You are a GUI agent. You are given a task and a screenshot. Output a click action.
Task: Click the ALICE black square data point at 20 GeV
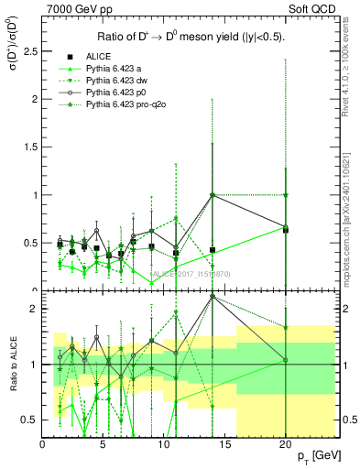[286, 230]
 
